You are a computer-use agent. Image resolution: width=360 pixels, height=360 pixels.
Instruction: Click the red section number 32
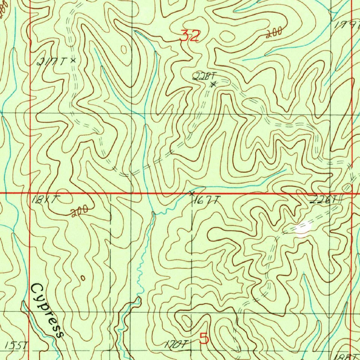coord(190,36)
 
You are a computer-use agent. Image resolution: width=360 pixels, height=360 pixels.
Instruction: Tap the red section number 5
coord(204,339)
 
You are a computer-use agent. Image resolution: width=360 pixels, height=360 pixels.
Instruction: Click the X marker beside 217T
coord(73,60)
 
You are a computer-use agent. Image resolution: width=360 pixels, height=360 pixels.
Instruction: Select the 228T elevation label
coord(204,76)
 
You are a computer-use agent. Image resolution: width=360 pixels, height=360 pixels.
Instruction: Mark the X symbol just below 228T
coord(213,84)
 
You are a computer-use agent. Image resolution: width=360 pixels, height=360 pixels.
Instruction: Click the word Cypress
coord(47,310)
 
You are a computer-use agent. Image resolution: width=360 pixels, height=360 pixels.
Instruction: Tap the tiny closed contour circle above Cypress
coord(83,278)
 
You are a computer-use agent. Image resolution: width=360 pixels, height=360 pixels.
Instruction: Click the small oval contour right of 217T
coord(124,50)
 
